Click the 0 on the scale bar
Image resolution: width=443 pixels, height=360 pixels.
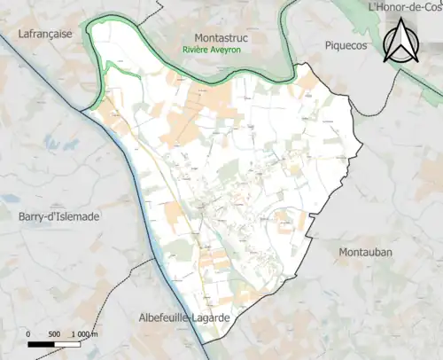point(29,333)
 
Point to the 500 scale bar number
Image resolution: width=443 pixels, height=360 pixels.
point(54,333)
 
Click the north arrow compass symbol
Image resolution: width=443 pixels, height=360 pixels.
point(400,43)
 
